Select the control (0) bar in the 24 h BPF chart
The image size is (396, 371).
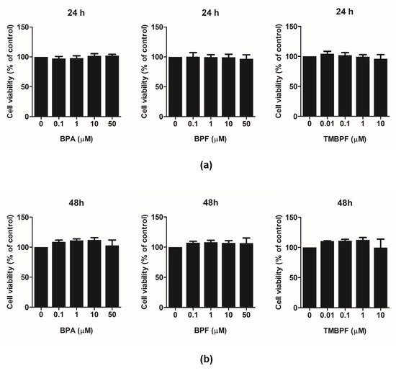pyautogui.click(x=175, y=86)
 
